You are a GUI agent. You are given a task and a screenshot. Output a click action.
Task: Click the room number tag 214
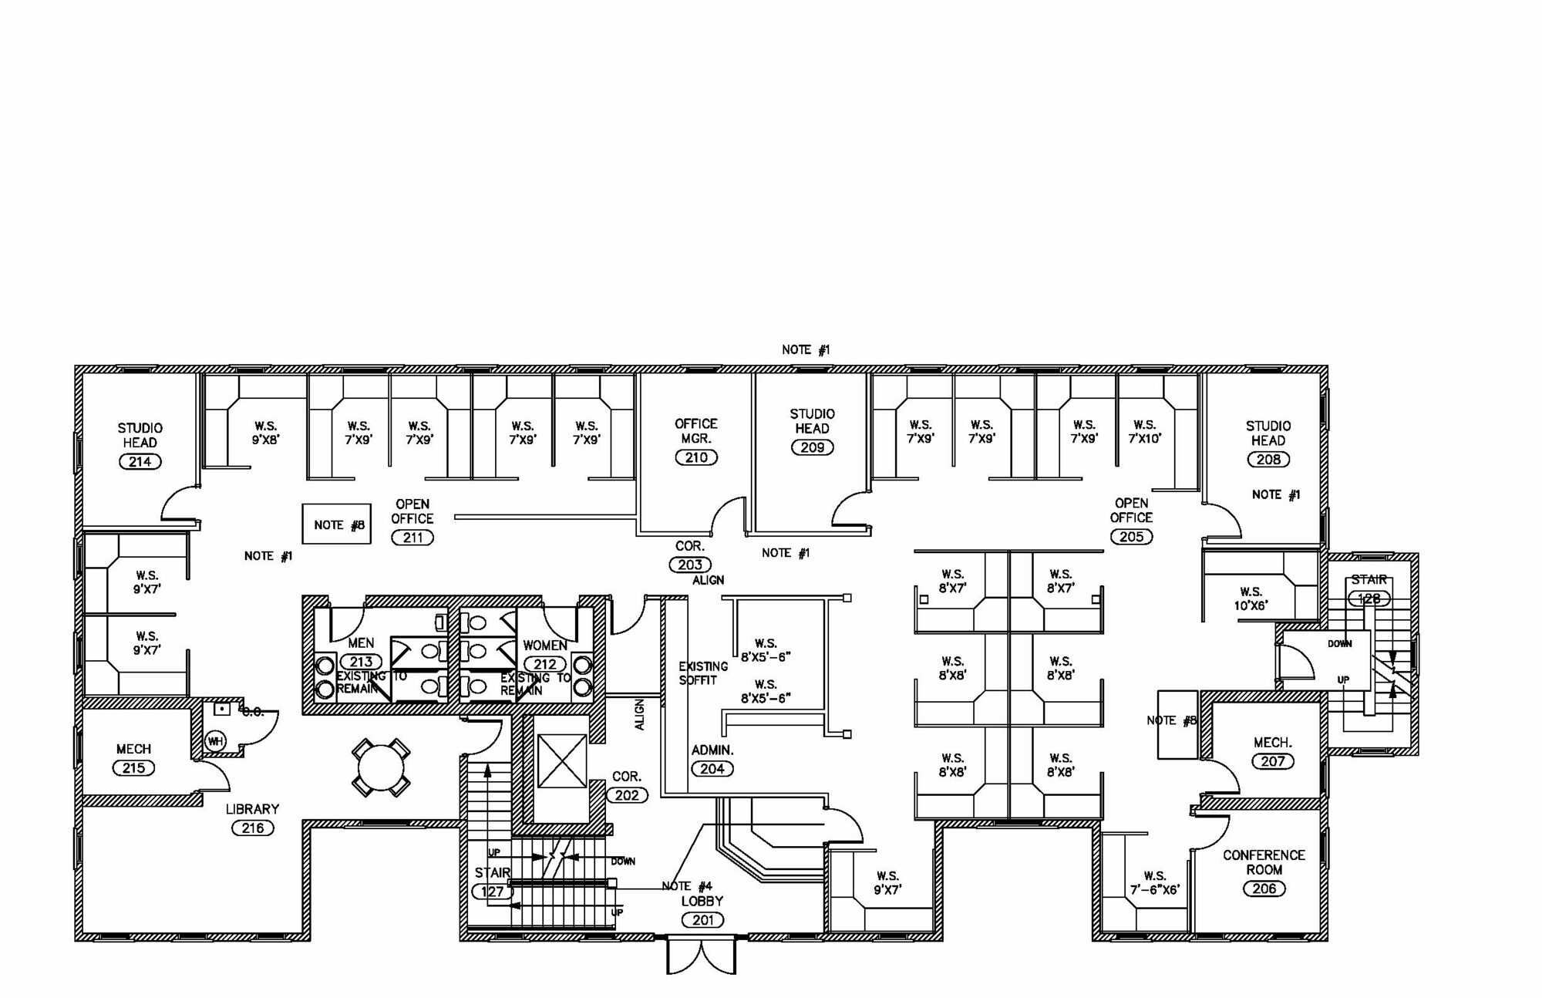(x=140, y=461)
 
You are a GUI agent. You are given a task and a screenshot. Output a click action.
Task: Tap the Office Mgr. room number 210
(x=696, y=457)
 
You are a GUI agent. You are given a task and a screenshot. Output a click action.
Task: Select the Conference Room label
(x=1264, y=862)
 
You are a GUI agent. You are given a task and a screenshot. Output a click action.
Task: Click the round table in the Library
(x=381, y=768)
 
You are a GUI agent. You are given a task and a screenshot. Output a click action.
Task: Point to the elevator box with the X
(x=561, y=761)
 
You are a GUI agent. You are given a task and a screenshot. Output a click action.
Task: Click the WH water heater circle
(x=215, y=741)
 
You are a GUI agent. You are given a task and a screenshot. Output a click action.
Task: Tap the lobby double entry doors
(x=701, y=956)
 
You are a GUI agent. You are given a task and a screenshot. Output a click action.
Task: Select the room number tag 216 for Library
(x=253, y=828)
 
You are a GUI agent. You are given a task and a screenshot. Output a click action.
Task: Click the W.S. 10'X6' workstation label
(x=1251, y=599)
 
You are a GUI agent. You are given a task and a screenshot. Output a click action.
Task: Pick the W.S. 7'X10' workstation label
(x=1145, y=431)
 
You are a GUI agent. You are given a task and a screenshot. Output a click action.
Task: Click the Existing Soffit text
(x=702, y=673)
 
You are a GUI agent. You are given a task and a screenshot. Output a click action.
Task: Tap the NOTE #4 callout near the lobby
(x=686, y=886)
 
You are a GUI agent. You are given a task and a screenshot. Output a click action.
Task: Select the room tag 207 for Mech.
(x=1272, y=761)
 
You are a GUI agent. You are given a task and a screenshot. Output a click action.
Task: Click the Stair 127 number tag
(x=492, y=892)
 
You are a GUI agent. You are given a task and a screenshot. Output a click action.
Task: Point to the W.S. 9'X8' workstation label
(x=265, y=433)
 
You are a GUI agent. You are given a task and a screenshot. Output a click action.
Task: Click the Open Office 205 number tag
(x=1131, y=537)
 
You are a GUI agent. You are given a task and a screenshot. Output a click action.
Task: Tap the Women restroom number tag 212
(x=544, y=664)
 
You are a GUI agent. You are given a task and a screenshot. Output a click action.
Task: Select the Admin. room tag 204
(x=712, y=768)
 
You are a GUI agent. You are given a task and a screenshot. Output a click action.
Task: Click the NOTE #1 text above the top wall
(x=806, y=350)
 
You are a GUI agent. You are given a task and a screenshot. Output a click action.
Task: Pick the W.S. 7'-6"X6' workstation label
(x=1154, y=882)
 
